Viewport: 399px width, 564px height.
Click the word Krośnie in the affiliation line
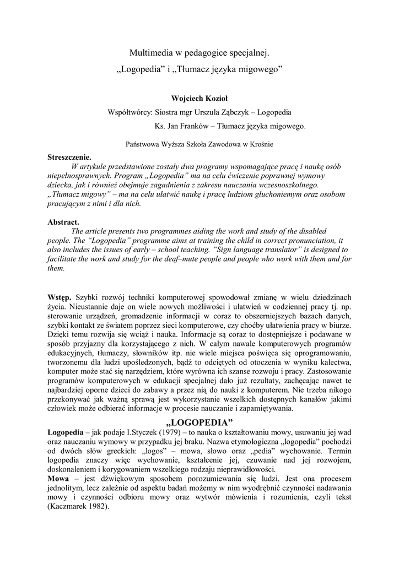tap(260, 144)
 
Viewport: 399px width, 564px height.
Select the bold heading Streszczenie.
tap(69, 156)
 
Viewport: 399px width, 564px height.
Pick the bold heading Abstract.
tap(63, 223)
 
